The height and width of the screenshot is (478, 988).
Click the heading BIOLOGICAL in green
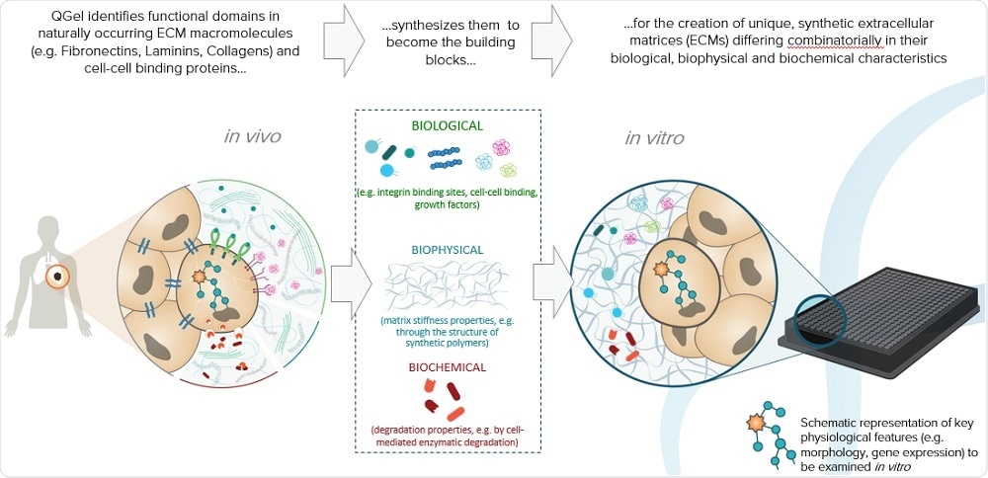449,126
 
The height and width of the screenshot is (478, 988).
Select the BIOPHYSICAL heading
449,250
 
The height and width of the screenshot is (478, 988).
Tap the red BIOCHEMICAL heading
449,366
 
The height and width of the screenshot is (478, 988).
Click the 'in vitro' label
655,137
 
